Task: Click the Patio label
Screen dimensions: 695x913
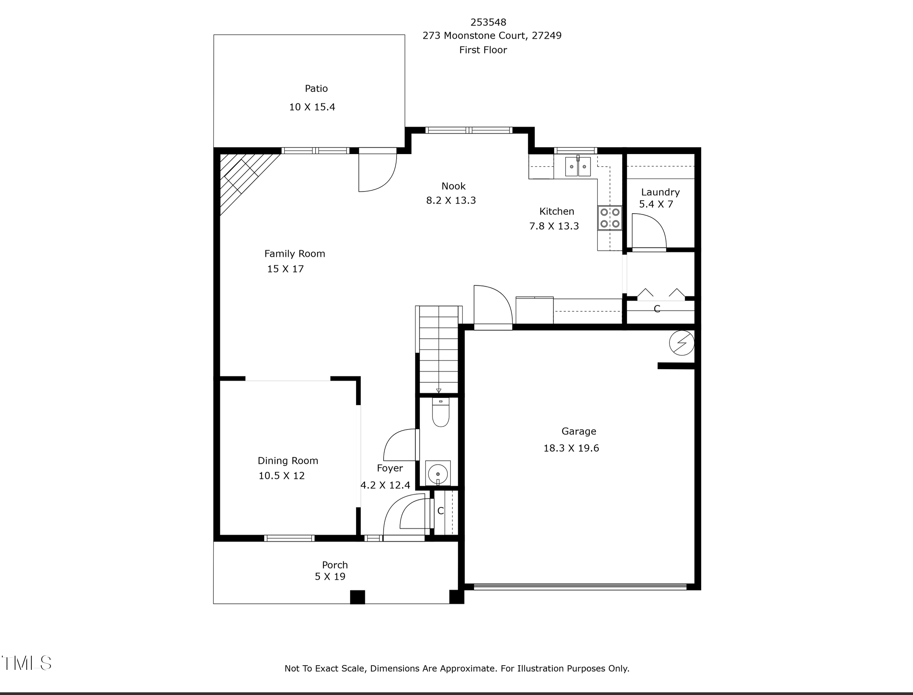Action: click(316, 88)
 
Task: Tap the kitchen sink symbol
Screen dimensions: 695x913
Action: click(578, 166)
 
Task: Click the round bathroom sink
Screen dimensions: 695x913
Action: click(437, 474)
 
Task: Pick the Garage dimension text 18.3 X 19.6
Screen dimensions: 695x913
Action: click(571, 449)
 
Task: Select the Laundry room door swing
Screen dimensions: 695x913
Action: click(648, 232)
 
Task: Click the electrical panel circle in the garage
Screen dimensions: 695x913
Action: click(682, 343)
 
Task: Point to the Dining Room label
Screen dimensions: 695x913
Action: click(288, 461)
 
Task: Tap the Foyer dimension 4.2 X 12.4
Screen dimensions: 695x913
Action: click(385, 485)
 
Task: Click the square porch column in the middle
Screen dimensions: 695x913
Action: click(358, 597)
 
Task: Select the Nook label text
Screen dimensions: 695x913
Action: click(453, 186)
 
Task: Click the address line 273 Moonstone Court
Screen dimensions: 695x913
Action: click(492, 35)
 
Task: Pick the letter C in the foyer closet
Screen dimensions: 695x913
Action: click(440, 511)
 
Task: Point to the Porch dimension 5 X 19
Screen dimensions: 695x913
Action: click(330, 577)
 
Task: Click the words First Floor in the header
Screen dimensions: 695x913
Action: click(483, 50)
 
